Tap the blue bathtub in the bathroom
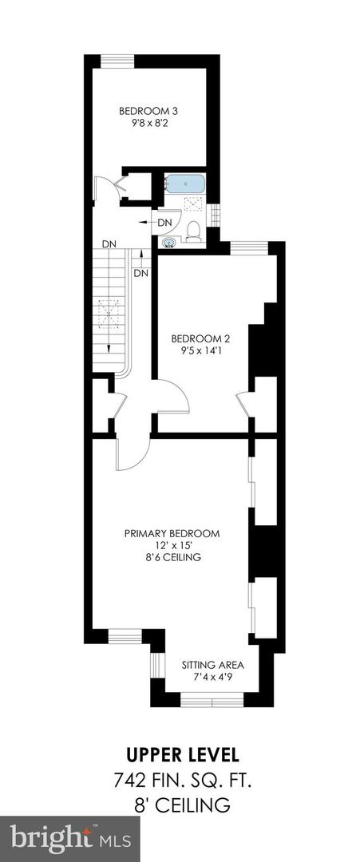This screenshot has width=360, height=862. [185, 184]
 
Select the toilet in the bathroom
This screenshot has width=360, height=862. [192, 231]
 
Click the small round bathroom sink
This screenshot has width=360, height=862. [168, 242]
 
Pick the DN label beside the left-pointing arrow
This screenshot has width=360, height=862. [164, 222]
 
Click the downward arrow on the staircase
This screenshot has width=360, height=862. [109, 343]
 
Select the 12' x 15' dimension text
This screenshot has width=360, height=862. [172, 546]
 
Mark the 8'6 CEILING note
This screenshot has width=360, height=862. [172, 558]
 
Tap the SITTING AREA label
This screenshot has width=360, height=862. [212, 665]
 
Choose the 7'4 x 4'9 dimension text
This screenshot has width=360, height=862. [212, 677]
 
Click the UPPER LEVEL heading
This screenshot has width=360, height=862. [180, 754]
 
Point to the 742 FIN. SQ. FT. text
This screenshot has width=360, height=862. [180, 779]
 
